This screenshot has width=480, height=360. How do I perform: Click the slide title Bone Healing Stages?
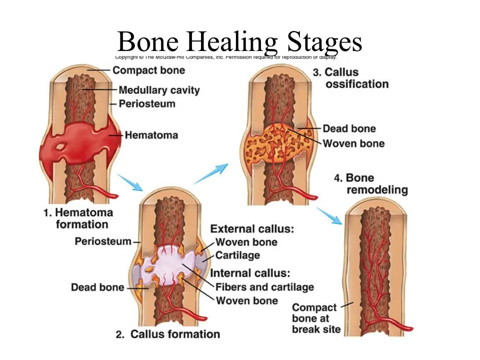[239, 42]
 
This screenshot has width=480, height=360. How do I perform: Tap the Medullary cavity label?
[158, 90]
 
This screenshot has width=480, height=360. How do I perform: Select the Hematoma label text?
[151, 135]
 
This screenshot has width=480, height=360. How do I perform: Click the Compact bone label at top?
[148, 70]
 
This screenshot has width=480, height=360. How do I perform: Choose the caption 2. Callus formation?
[168, 334]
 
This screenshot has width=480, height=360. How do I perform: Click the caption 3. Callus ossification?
[350, 78]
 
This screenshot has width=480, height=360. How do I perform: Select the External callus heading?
[250, 229]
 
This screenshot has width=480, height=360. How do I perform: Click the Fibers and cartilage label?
[264, 287]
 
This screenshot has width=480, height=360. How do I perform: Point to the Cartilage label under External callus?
[237, 255]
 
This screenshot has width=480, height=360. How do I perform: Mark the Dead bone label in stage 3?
[349, 129]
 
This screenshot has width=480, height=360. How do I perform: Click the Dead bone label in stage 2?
[97, 287]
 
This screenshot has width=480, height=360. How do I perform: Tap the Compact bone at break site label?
[316, 318]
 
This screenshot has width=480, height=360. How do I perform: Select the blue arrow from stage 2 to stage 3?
[211, 173]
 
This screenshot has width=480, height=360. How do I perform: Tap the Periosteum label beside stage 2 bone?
[103, 241]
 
